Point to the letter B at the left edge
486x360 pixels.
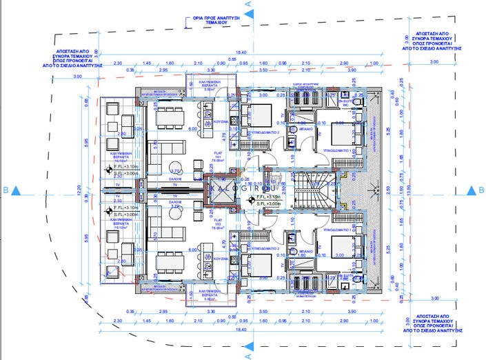tap(6, 188)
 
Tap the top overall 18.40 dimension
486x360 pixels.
tap(241, 52)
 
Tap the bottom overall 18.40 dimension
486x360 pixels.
tap(241, 330)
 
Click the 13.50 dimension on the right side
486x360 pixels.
tap(409, 190)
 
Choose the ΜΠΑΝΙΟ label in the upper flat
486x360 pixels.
tap(305, 128)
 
